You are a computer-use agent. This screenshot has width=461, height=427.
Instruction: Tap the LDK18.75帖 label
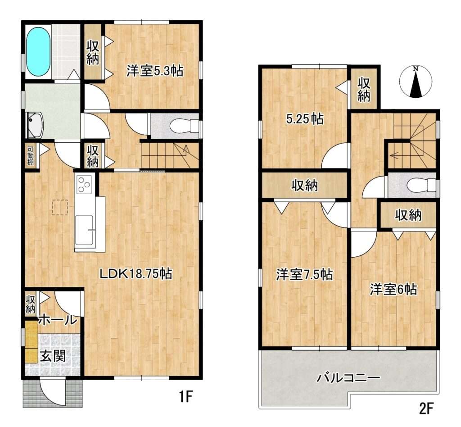click(x=136, y=274)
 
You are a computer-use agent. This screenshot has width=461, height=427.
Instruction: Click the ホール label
click(x=58, y=320)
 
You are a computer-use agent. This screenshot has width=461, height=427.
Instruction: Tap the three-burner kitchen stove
click(x=85, y=184)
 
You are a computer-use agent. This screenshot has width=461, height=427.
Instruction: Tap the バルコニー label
click(x=348, y=377)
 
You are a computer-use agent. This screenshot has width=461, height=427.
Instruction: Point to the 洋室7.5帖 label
click(x=304, y=274)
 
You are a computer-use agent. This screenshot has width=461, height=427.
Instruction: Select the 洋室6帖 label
click(x=393, y=289)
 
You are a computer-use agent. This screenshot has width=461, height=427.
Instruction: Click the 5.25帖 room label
click(x=305, y=119)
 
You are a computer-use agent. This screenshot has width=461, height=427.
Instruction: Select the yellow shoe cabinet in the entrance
click(x=31, y=342)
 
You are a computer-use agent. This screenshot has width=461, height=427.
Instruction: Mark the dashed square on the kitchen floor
click(x=60, y=208)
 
